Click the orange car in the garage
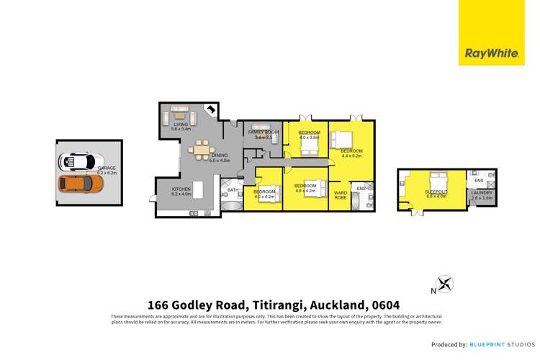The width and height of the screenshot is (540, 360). (x=79, y=184)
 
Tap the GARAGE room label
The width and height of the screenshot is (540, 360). (x=106, y=168)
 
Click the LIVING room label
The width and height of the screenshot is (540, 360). (x=180, y=125)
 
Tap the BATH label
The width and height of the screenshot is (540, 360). (x=233, y=190)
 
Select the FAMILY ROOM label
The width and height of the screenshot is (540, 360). (x=263, y=132)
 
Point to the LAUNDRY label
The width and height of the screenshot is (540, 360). (x=482, y=192)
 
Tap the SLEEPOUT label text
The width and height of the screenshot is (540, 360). (x=435, y=192)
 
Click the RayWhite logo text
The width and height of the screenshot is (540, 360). (x=489, y=53)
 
